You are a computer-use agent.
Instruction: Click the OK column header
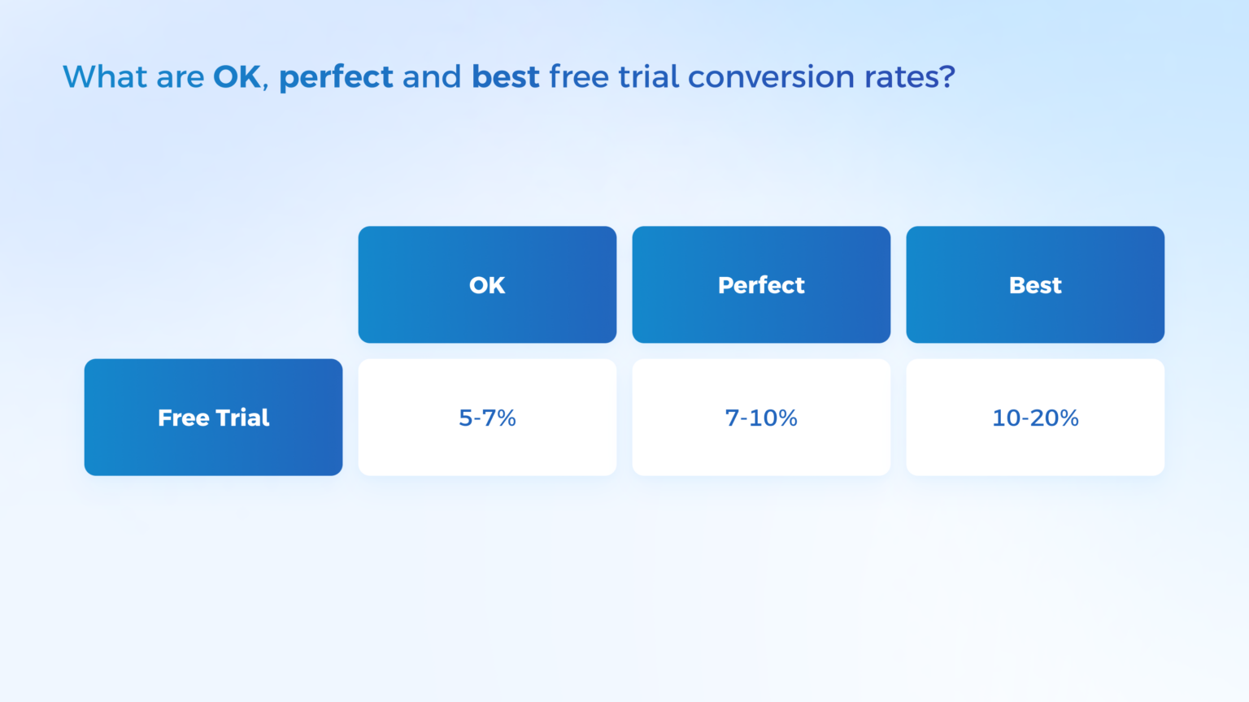[487, 285]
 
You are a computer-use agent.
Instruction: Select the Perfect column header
[761, 285]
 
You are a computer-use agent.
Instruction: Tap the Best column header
[1035, 285]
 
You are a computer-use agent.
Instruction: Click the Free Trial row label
[213, 418]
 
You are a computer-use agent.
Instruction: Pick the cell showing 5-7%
[487, 418]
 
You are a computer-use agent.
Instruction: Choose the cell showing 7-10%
[761, 418]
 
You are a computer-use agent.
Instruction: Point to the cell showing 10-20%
[1035, 418]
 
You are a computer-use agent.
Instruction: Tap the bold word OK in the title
[237, 77]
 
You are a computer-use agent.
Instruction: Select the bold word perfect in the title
[336, 77]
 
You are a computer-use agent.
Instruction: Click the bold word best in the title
[505, 77]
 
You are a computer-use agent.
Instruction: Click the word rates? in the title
[909, 77]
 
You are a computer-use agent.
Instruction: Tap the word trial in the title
[648, 77]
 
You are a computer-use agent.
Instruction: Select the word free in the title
[578, 77]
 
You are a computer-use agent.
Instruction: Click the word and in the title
[432, 77]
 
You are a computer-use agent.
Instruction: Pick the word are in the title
[180, 77]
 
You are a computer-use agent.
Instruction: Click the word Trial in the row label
[242, 418]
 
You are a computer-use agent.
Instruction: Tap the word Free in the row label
[184, 418]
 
